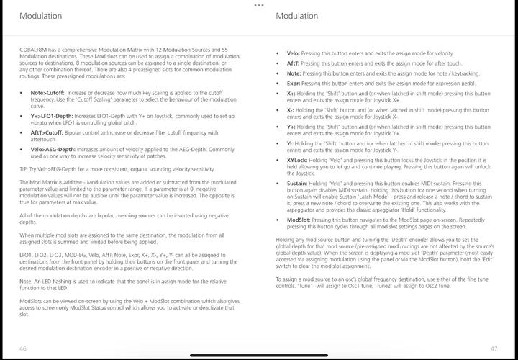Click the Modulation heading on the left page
point(40,16)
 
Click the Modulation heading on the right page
point(297,16)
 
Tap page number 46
point(23,348)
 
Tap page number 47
point(494,348)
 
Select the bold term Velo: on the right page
point(293,53)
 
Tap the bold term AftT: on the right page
point(293,63)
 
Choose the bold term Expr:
point(294,84)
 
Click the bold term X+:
point(291,93)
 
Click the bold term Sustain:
point(299,184)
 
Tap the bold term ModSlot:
point(299,220)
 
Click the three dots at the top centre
point(259,5)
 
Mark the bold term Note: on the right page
point(294,73)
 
